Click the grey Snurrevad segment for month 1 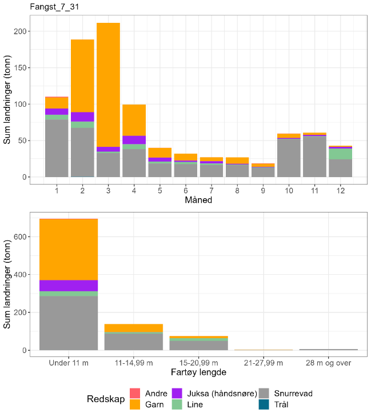click(57, 148)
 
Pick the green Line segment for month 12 click(340, 154)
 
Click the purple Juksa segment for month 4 click(134, 139)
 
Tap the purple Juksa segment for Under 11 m click(69, 286)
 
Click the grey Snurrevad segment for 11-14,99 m click(134, 341)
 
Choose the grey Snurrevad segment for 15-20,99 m click(199, 345)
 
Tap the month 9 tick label click(263, 189)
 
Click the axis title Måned click(198, 200)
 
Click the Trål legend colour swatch click(264, 404)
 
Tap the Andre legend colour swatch click(135, 394)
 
